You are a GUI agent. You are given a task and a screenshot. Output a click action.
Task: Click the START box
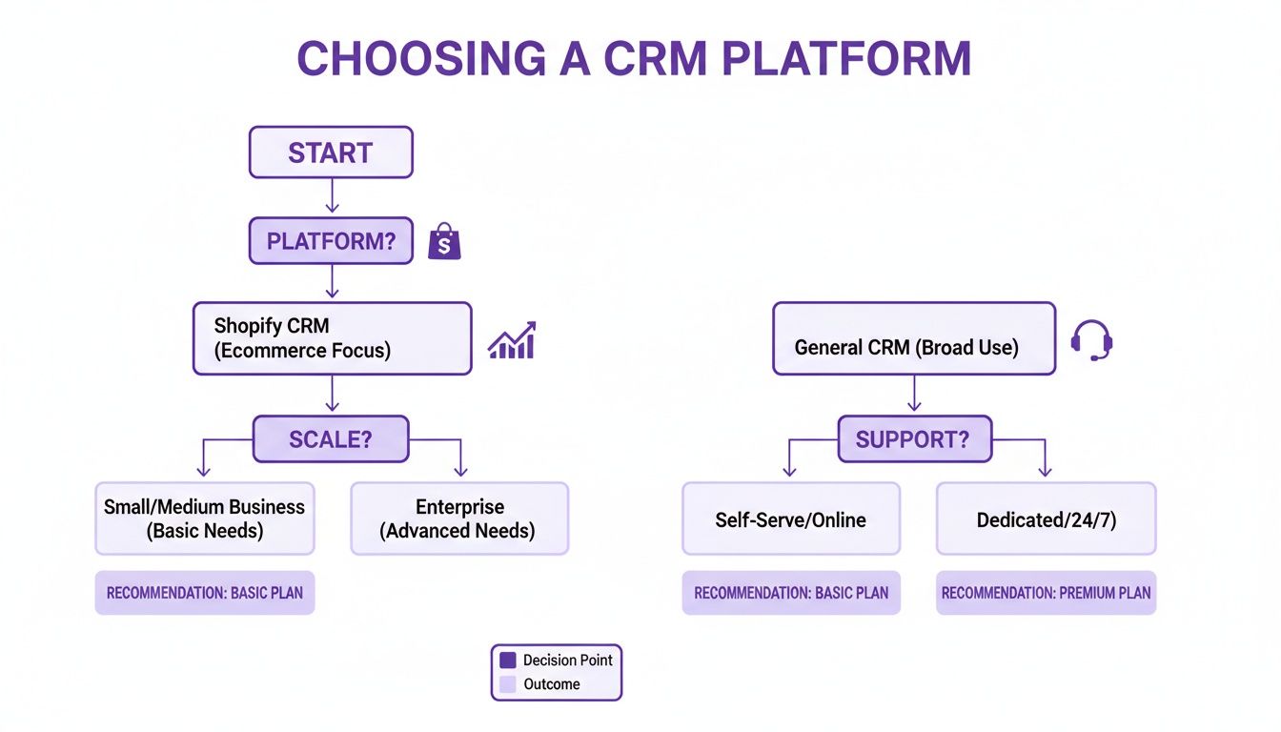[330, 152]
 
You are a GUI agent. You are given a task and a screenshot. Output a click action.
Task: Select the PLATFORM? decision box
[330, 241]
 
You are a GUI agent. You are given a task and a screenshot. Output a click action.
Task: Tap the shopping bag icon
[444, 242]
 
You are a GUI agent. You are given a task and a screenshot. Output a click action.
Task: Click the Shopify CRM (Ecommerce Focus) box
[332, 338]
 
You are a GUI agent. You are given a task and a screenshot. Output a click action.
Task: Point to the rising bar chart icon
[512, 340]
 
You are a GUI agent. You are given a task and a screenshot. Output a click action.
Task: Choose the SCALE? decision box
[330, 439]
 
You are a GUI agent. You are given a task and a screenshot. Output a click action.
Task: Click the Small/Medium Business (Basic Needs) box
[204, 518]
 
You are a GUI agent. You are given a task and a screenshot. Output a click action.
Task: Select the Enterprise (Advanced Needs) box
[459, 518]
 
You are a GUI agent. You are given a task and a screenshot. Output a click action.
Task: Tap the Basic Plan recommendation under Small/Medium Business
[204, 593]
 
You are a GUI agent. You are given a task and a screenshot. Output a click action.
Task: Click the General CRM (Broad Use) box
[913, 338]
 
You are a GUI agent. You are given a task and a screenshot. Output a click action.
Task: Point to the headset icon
[1091, 340]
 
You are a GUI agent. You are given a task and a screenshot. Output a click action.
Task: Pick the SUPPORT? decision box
[914, 439]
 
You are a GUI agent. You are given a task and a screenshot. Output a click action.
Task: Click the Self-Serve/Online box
[790, 519]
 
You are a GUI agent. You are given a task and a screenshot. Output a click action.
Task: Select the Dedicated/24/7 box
[1046, 519]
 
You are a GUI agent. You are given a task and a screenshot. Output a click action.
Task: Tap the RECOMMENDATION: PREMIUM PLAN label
[1046, 593]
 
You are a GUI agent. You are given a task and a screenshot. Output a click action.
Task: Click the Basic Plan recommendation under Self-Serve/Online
[790, 593]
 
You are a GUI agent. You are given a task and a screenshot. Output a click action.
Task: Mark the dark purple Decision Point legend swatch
[508, 660]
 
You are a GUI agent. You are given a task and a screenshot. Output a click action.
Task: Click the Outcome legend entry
[551, 684]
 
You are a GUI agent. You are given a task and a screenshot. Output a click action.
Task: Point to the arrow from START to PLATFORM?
[331, 196]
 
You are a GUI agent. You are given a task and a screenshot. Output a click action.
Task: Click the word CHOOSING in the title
[418, 59]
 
